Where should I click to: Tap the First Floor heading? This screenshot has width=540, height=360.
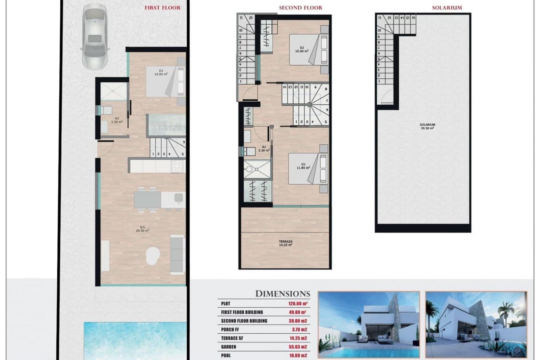point(162,7)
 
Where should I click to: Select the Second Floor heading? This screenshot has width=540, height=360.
point(300,7)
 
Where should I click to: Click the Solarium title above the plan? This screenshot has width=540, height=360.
point(447,7)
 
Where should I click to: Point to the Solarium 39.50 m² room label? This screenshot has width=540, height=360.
point(427,127)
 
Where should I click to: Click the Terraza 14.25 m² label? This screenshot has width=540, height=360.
point(286,243)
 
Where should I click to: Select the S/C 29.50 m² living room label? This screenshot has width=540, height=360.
point(142,229)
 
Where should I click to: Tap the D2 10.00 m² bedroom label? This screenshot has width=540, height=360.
point(302,50)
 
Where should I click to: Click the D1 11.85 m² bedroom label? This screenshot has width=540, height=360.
point(303,166)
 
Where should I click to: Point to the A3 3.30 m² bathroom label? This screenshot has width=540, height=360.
point(116,120)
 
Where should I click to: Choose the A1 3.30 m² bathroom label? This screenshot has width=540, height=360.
point(264,149)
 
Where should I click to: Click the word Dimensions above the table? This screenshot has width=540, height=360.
point(282,294)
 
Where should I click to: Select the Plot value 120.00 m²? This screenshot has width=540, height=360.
point(298,304)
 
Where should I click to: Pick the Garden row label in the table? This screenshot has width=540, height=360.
point(229,347)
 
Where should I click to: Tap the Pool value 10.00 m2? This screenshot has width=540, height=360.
point(298,356)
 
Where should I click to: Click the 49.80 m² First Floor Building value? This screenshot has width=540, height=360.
point(297,312)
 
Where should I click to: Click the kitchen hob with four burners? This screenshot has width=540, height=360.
point(178,166)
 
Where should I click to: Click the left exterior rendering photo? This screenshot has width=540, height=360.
point(369,324)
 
